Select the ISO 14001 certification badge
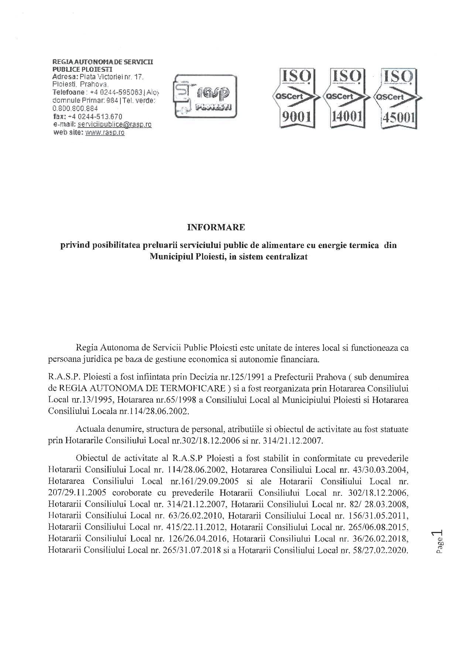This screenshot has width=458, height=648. pos(346,98)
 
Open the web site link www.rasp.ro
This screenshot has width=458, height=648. pos(105,133)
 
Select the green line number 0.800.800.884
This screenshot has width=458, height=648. pos(75,108)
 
